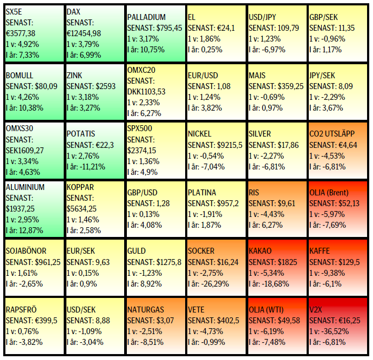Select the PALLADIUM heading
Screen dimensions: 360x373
[147, 17]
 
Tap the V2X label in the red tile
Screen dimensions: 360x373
[317, 310]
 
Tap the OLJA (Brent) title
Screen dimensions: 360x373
[333, 192]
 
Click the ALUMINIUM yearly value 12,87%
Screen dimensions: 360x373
[32, 230]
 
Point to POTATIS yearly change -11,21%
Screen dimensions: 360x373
[90, 167]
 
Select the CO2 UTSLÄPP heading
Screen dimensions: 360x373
[333, 133]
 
